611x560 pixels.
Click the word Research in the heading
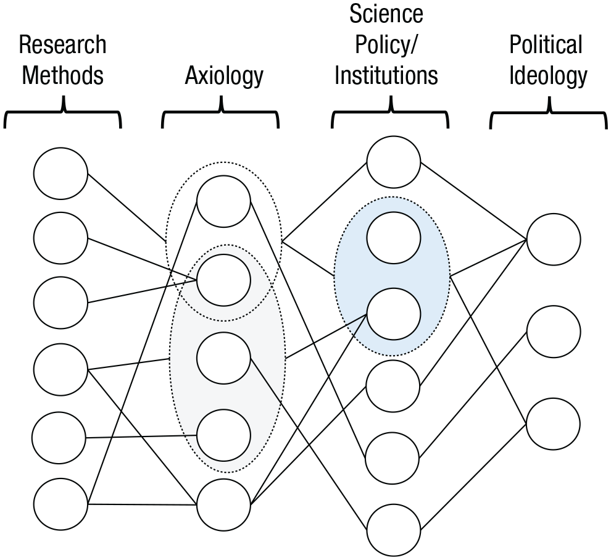pyautogui.click(x=63, y=44)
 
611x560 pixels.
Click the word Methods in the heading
pyautogui.click(x=63, y=75)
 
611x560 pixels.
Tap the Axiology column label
pyautogui.click(x=224, y=76)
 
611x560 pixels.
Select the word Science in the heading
pyautogui.click(x=386, y=14)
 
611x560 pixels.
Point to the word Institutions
pyautogui.click(x=386, y=75)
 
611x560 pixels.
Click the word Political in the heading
pyautogui.click(x=546, y=44)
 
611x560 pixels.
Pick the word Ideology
pyautogui.click(x=548, y=76)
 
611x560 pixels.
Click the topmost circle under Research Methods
pyautogui.click(x=60, y=173)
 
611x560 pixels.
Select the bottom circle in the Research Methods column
pyautogui.click(x=60, y=504)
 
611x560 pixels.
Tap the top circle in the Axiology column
pyautogui.click(x=223, y=201)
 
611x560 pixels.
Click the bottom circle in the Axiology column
pyautogui.click(x=223, y=504)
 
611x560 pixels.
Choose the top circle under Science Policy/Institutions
pyautogui.click(x=394, y=162)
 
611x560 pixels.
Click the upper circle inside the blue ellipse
pyautogui.click(x=394, y=238)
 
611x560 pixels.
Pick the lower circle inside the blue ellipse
pyautogui.click(x=394, y=314)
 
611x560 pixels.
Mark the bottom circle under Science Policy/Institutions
pyautogui.click(x=394, y=530)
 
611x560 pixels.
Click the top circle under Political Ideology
pyautogui.click(x=554, y=240)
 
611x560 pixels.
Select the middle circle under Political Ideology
pyautogui.click(x=554, y=332)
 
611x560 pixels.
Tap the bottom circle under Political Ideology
pyautogui.click(x=554, y=424)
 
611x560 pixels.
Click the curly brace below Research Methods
pyautogui.click(x=63, y=112)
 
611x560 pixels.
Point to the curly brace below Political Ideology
pyautogui.click(x=549, y=112)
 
